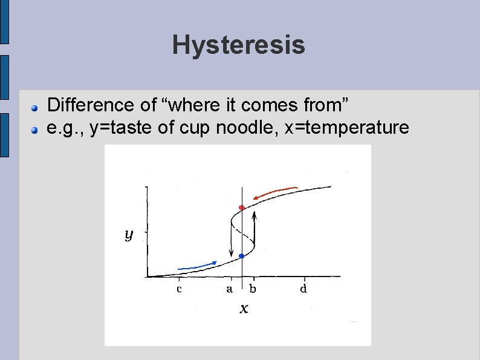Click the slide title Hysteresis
[238, 45]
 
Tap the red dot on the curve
[242, 208]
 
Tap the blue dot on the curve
[242, 257]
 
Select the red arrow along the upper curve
[276, 192]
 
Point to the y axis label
[129, 234]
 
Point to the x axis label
[244, 309]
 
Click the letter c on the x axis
[179, 289]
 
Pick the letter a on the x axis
[229, 289]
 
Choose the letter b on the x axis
[253, 289]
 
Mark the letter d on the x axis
[303, 289]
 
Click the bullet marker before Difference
[36, 107]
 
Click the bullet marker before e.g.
[36, 129]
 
